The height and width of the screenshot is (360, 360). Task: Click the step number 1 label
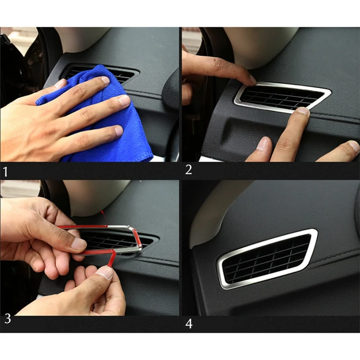coord(5,172)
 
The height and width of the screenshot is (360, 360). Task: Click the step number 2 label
coord(189,170)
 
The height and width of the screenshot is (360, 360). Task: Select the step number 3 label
coord(8,319)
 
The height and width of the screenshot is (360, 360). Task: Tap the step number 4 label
coord(189,324)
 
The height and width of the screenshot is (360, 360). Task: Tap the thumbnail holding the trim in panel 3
coord(78,244)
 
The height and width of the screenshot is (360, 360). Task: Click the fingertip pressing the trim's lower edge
coord(303,111)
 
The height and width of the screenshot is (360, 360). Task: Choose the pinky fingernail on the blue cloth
coord(119,130)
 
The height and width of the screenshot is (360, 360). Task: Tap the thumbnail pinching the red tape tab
coord(105,273)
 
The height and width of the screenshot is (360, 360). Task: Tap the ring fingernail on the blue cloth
coord(124,100)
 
